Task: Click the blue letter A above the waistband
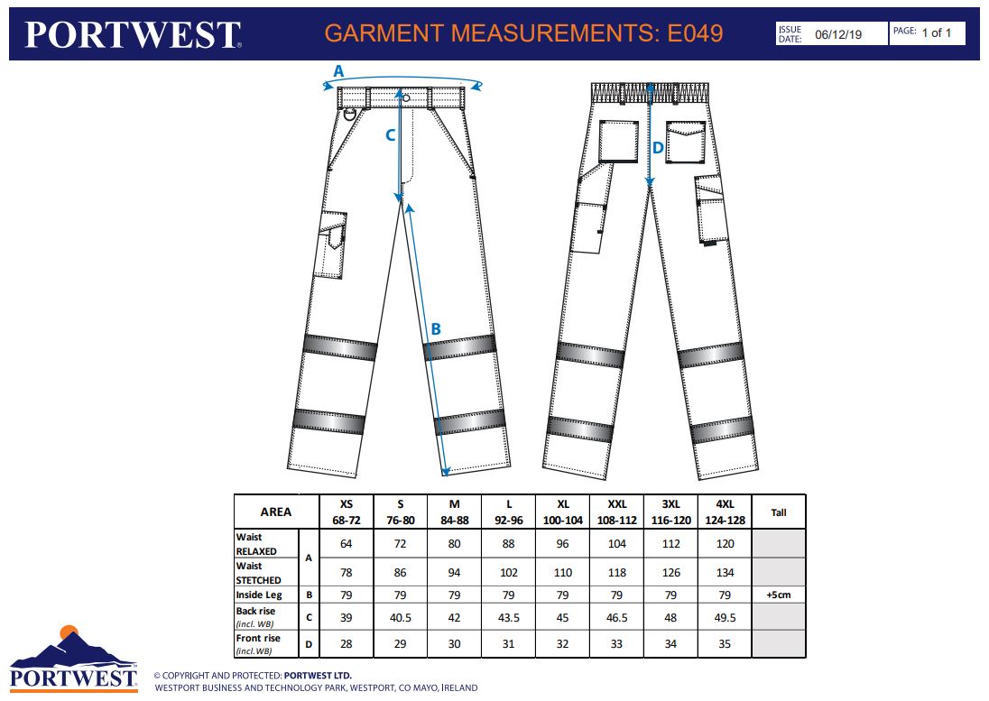338,71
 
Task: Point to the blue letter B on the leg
435,328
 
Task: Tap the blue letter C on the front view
391,135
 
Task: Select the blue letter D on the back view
658,148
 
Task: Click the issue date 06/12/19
838,34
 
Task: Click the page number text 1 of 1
936,32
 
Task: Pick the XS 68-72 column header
347,512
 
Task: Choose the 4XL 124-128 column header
726,512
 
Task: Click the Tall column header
779,512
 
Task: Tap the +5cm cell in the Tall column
779,595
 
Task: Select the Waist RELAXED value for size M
454,543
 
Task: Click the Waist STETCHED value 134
726,572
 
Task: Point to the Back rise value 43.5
508,618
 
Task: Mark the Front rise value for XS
347,643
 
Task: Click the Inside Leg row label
259,595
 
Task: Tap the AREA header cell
275,512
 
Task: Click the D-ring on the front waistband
350,114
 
